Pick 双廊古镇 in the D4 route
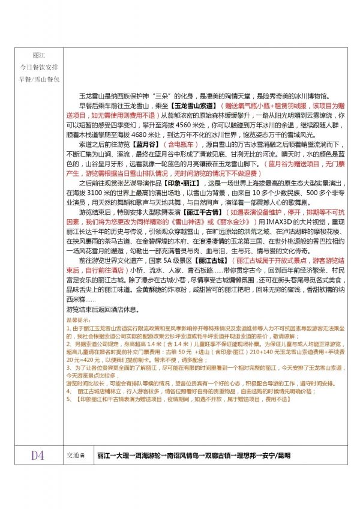[x=227, y=456]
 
